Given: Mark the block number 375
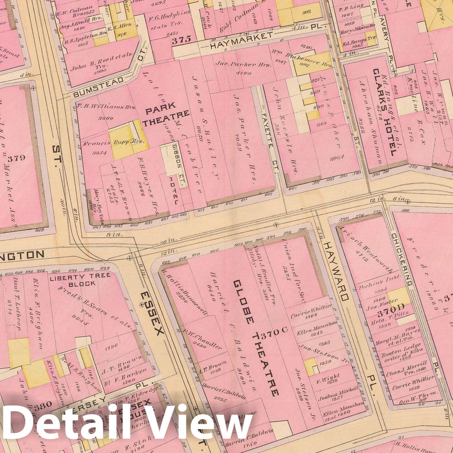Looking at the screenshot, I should [x=182, y=39].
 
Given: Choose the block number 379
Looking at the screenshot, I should [x=16, y=158].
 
